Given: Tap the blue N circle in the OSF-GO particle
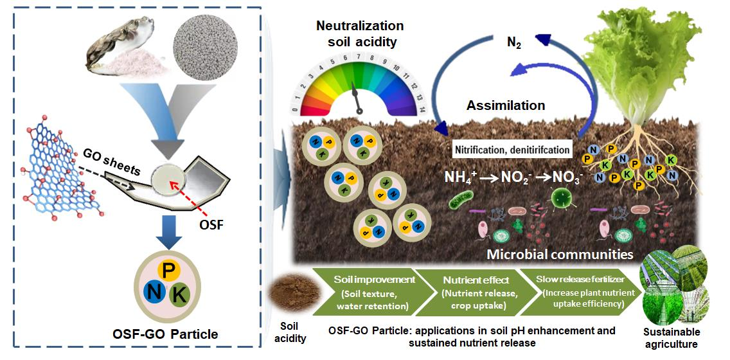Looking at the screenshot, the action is (x=154, y=293).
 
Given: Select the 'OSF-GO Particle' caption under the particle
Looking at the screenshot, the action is (x=166, y=334).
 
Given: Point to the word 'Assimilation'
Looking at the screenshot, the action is (x=506, y=105).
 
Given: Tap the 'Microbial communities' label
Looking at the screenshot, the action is (x=560, y=254).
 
